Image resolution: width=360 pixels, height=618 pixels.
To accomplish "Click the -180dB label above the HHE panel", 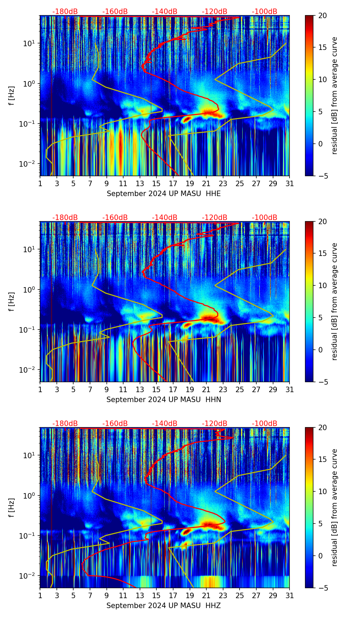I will [65, 12].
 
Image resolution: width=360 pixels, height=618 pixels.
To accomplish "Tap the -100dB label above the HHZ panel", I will [265, 424].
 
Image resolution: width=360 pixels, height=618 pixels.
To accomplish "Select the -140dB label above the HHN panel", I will [165, 218].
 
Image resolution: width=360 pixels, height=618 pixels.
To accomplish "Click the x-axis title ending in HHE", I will [164, 194].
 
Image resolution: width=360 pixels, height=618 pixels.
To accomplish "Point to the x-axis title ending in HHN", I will [164, 400].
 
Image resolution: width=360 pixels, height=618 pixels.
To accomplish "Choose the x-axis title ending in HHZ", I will [164, 606].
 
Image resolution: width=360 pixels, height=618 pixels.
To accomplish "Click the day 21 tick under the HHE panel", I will [206, 184].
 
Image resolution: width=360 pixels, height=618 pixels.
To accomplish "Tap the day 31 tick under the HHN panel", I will [289, 390].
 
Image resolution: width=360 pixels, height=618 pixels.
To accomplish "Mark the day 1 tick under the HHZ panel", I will [40, 596].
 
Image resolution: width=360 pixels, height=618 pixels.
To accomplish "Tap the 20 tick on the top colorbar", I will [322, 16].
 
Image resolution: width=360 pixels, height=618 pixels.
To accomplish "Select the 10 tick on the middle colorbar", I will [322, 285].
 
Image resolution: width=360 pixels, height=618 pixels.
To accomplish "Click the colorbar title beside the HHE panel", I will [335, 95].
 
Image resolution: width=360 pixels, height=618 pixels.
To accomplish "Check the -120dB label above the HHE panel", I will [215, 12].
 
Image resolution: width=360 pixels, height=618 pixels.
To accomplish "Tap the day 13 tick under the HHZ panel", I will [140, 596].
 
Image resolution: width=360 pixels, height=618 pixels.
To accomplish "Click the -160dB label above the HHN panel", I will [115, 218].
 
